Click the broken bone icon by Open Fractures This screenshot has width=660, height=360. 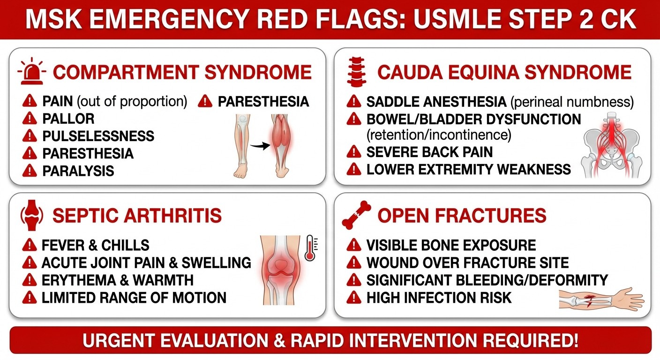click(357, 215)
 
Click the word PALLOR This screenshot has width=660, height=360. click(68, 119)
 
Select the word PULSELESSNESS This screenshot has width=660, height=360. click(98, 136)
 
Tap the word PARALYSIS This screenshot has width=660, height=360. click(78, 171)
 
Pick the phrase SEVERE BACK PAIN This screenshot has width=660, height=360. click(429, 152)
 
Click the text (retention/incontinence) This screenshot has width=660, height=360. click(439, 135)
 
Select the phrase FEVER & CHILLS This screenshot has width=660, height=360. click(95, 245)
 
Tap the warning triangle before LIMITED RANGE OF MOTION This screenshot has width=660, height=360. click(30, 297)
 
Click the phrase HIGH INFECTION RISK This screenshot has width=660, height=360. click(439, 297)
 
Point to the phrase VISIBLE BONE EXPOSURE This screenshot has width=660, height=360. click(451, 245)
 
